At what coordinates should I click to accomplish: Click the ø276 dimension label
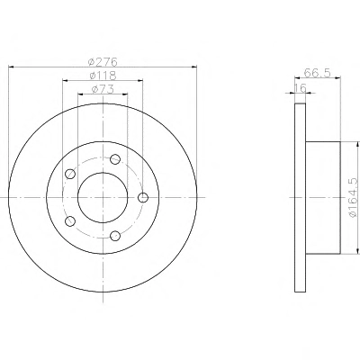coord(103,62)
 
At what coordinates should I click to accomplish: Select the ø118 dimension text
coord(103,76)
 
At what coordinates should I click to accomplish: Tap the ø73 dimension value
coord(103,89)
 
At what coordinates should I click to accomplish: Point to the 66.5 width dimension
coord(317,73)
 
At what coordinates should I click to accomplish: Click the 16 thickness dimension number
coord(300,88)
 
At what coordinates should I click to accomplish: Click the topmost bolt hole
coord(115,159)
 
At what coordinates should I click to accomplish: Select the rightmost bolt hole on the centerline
coord(143,197)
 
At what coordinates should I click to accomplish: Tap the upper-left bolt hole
coord(70,174)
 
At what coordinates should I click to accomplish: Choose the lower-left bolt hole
coord(70,221)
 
